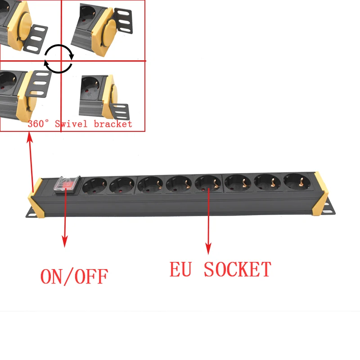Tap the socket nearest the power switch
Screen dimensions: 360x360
(x=94, y=185)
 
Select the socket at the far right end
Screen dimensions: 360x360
(x=297, y=181)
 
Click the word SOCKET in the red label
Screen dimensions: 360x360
(x=238, y=269)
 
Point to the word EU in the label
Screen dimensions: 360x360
(x=180, y=269)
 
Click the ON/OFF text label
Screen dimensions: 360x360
(x=74, y=276)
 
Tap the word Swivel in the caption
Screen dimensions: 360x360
(x=71, y=124)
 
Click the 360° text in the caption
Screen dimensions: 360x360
(x=38, y=124)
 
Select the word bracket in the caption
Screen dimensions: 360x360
(x=113, y=124)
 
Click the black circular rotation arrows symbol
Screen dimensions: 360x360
(x=59, y=59)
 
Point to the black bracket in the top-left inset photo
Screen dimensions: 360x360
(x=35, y=39)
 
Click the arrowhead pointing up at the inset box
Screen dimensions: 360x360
(x=29, y=138)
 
